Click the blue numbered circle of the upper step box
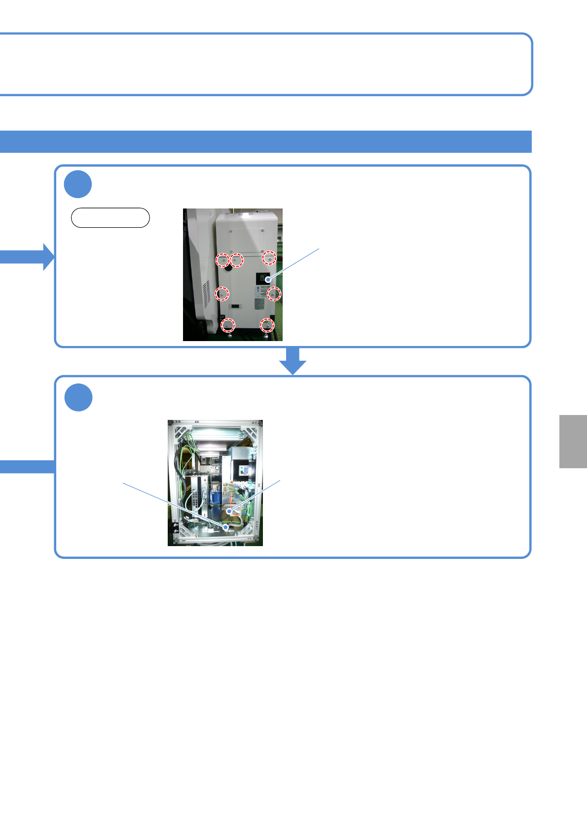click(78, 184)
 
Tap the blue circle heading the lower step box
click(78, 397)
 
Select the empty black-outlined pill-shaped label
click(110, 217)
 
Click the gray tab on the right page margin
click(573, 441)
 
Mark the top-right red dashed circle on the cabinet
click(269, 258)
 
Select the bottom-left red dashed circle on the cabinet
click(227, 325)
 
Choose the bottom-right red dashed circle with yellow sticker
click(267, 325)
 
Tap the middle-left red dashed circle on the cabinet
click(222, 294)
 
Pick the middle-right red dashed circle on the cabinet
click(274, 294)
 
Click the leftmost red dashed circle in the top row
click(222, 259)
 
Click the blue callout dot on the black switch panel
click(268, 279)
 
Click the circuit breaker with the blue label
click(244, 471)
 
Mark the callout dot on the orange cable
click(229, 512)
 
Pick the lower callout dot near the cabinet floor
click(226, 527)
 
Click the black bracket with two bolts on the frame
click(175, 530)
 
